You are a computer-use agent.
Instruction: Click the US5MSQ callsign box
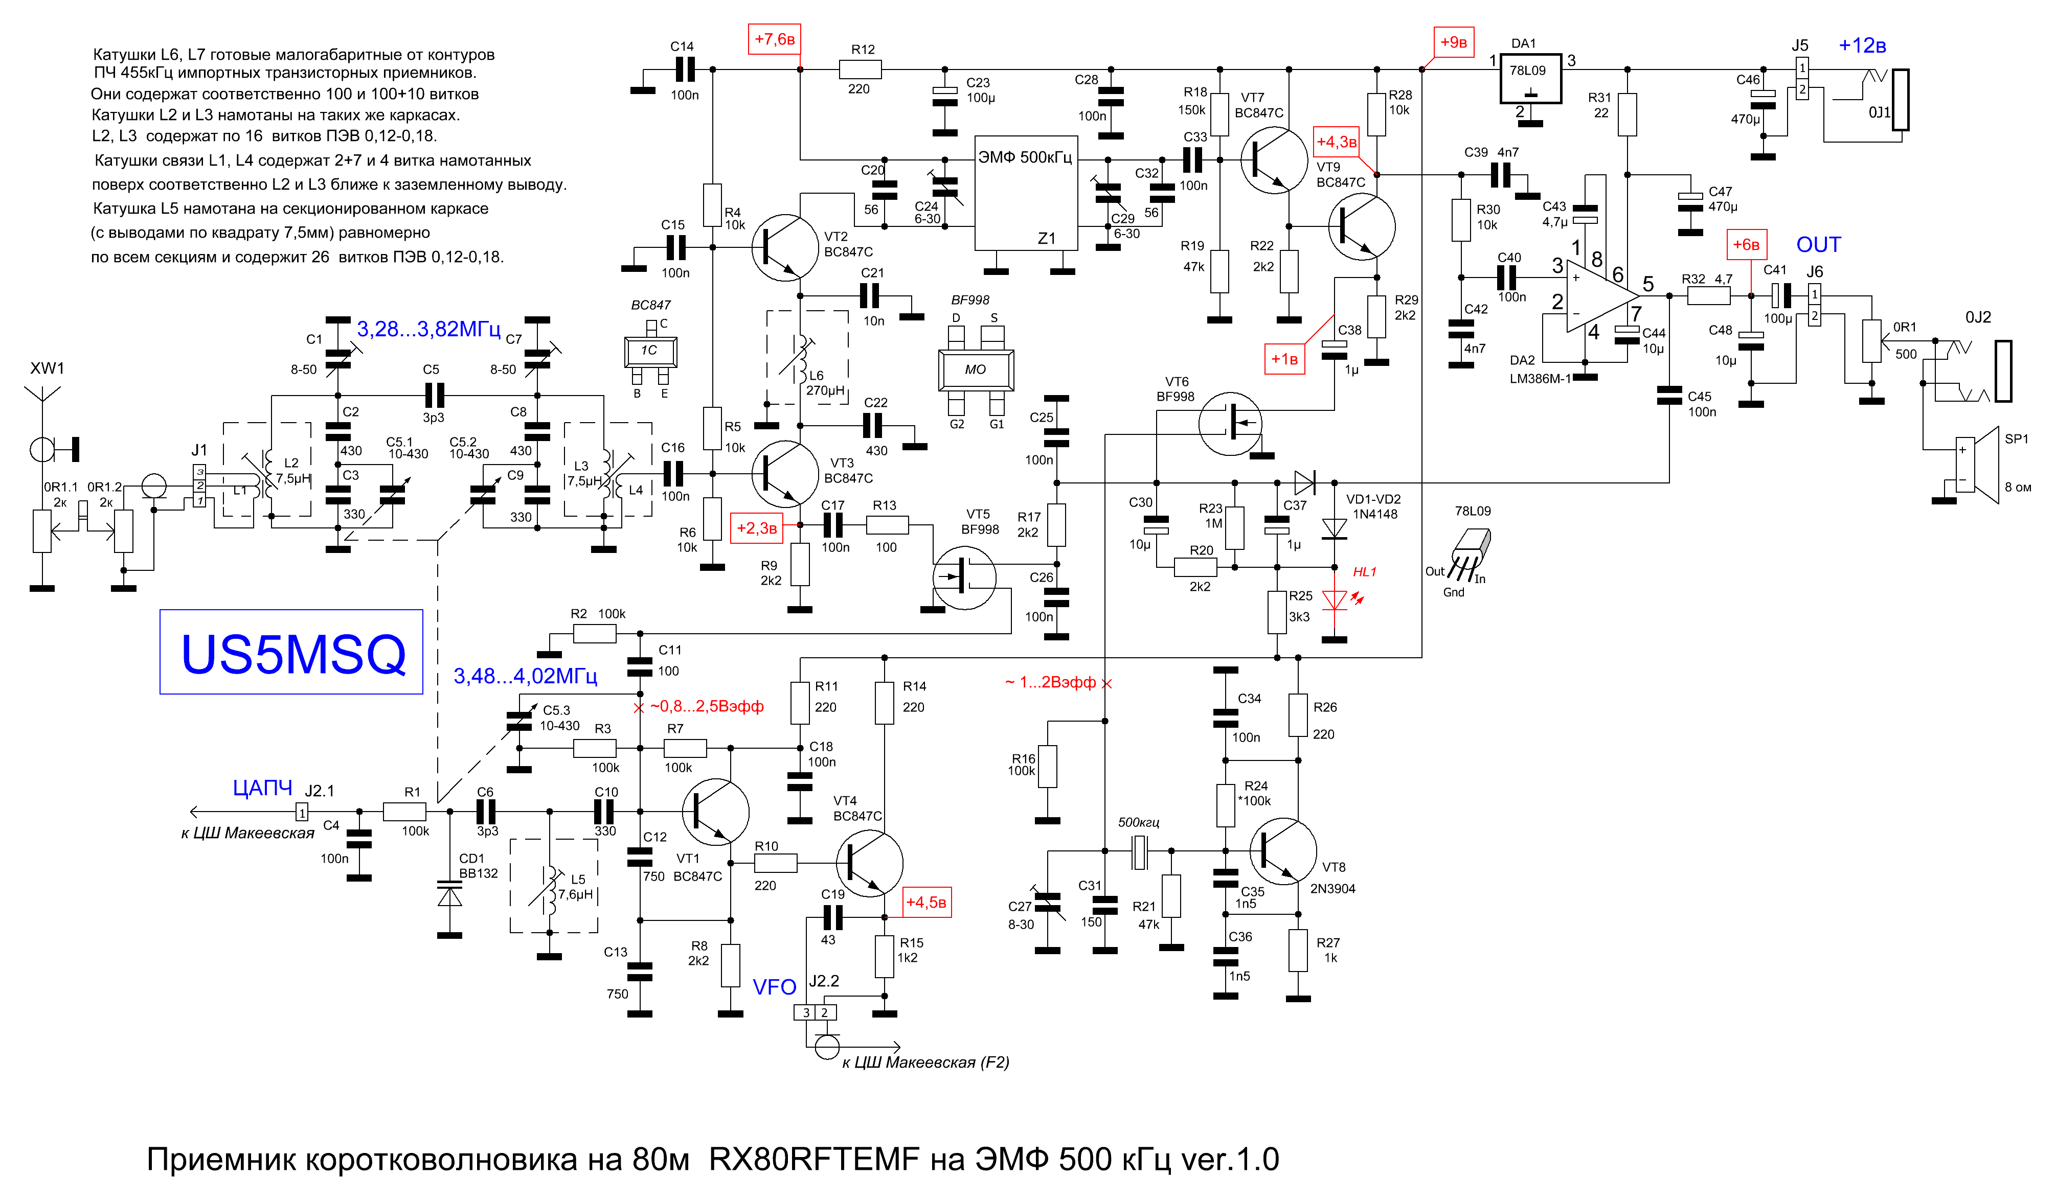coord(291,652)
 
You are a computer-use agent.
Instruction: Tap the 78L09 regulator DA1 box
coord(1530,79)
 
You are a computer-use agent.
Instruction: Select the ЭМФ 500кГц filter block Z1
coord(1026,193)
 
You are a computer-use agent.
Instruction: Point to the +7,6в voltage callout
coord(774,39)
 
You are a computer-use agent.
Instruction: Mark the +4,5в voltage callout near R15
coord(927,903)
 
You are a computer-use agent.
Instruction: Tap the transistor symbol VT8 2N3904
coord(1282,851)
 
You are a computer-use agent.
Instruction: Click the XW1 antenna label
coord(48,368)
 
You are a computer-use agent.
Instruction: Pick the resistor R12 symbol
coord(860,70)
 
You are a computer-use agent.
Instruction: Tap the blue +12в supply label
coord(1862,45)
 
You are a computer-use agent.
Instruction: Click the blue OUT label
coord(1819,245)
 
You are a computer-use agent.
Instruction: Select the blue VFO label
coord(774,987)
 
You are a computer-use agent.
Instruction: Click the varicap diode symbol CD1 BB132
coord(449,894)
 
